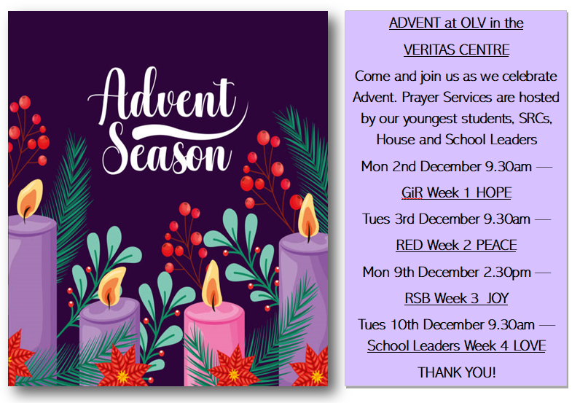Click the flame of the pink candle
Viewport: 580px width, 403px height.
pos(212,285)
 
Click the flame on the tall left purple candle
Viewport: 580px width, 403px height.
pos(30,200)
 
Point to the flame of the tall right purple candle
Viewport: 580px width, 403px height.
pos(308,216)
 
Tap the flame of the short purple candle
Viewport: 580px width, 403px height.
pos(111,287)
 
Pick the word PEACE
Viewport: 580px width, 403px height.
pos(496,246)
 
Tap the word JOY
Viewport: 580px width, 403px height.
pos(498,298)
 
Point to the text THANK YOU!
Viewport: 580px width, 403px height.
pos(456,372)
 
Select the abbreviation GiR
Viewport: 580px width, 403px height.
pos(412,193)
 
